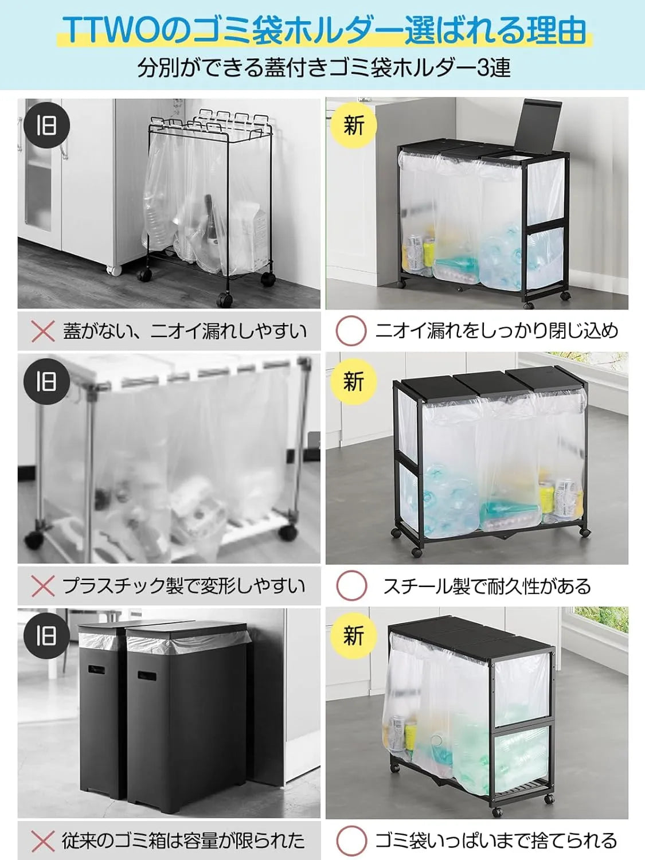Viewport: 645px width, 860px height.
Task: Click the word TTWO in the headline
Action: pos(110,30)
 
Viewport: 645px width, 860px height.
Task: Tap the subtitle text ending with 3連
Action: pos(324,68)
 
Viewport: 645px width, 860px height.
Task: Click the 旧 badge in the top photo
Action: pos(46,126)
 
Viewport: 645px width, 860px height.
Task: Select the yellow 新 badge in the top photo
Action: pos(353,126)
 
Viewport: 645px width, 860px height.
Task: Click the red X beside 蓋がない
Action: pos(42,331)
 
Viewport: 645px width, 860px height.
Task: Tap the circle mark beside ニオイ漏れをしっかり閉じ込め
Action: pos(350,331)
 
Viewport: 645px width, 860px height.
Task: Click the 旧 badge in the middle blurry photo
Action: pos(46,381)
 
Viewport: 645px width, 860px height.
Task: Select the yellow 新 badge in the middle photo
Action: pos(353,381)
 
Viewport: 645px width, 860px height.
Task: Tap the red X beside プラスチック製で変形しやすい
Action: pos(42,586)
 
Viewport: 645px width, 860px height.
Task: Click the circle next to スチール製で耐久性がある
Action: pos(350,586)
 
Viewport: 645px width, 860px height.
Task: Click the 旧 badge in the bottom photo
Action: pos(46,636)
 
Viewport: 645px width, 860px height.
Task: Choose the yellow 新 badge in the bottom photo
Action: pos(353,636)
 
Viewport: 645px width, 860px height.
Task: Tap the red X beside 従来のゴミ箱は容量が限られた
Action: pos(42,841)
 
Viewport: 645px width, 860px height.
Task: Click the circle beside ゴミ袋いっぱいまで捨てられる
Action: pos(350,841)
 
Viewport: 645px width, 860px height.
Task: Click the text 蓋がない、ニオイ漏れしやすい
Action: pos(185,331)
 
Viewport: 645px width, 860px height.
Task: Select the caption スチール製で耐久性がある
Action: pos(487,586)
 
